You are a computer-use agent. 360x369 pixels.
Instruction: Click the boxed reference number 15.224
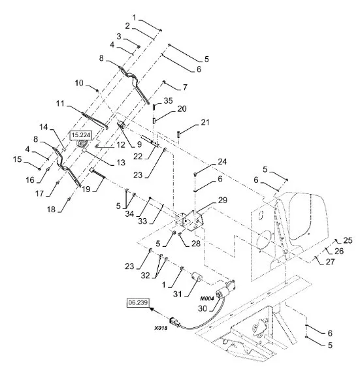(x=81, y=135)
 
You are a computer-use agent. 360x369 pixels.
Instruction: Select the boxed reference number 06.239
(x=139, y=302)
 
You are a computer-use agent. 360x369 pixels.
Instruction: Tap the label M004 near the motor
(x=207, y=298)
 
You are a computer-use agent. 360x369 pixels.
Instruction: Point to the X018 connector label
(x=161, y=328)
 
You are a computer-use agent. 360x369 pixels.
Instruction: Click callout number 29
(x=223, y=201)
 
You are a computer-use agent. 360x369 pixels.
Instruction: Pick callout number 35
(x=169, y=101)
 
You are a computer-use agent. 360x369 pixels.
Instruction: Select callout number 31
(x=178, y=294)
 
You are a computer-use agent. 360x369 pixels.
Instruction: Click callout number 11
(x=60, y=103)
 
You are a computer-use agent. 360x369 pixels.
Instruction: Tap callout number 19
(x=86, y=189)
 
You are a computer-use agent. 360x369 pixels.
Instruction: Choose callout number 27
(x=330, y=261)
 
